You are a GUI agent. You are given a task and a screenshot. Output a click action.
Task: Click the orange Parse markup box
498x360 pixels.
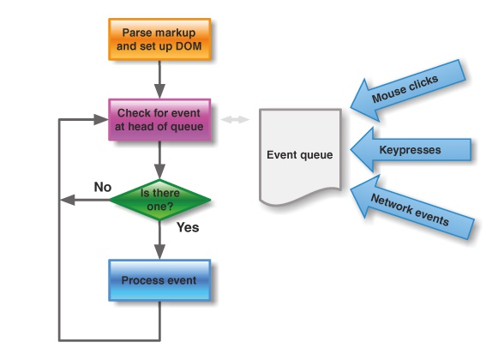159,38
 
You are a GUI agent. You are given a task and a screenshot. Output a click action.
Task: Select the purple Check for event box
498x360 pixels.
159,120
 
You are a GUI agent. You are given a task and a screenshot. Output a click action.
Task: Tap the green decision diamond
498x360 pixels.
160,200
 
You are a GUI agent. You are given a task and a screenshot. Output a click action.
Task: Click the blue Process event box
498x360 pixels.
159,280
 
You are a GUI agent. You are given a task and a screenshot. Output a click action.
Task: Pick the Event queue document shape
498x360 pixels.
300,155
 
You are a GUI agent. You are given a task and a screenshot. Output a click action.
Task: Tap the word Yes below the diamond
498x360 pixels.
188,228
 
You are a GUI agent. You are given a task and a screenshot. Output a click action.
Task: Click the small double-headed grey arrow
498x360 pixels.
234,119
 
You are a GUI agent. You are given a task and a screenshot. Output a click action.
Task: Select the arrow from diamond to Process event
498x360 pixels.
159,242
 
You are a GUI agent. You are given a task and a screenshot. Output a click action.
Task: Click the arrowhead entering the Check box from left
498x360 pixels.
101,119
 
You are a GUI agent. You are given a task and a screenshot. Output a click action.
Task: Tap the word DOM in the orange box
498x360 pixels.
189,45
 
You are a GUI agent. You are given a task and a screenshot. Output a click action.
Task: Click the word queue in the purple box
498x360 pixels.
187,127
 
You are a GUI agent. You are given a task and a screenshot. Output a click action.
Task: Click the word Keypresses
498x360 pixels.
409,150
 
